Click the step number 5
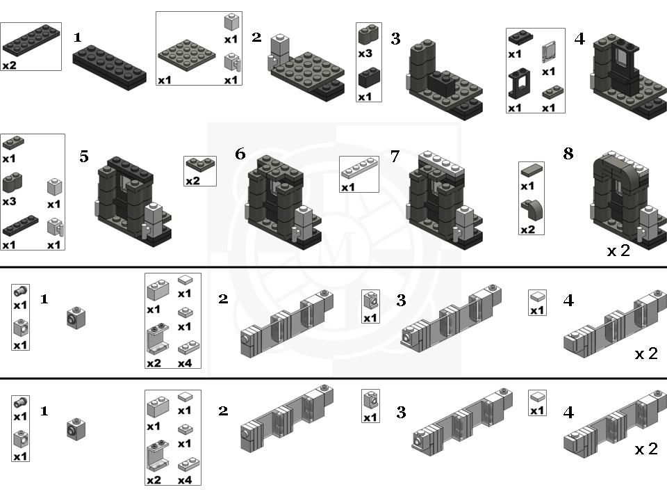coord(84,157)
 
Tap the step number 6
coord(240,154)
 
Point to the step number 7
coord(395,157)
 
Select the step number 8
coord(568,154)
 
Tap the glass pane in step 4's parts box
coord(549,52)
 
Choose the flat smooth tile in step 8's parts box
coord(532,171)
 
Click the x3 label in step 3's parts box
coord(365,54)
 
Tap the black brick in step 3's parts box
coord(368,77)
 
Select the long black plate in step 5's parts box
coord(19,226)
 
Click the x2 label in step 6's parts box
coord(192,181)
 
